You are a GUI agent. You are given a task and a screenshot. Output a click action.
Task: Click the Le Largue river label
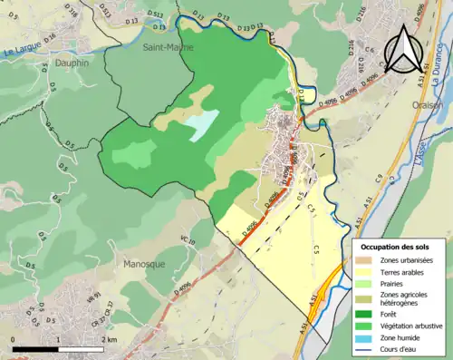coord(18,54)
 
